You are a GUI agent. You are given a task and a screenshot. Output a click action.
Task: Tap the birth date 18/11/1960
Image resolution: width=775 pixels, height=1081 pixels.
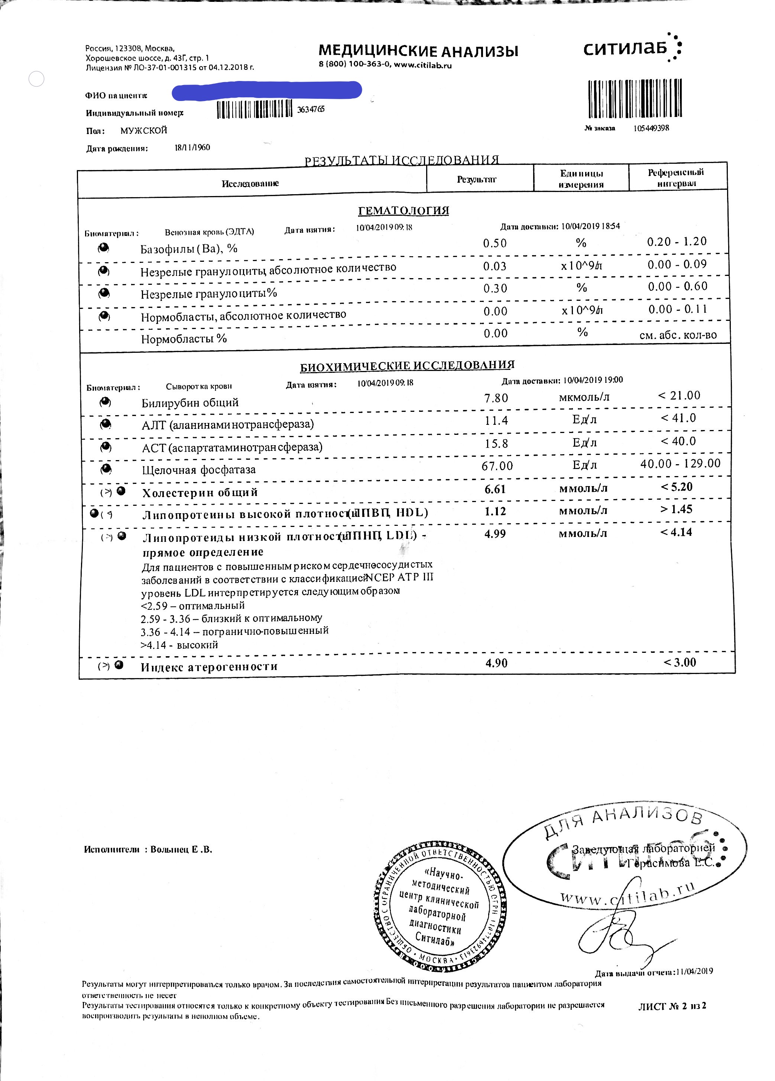pyautogui.click(x=192, y=147)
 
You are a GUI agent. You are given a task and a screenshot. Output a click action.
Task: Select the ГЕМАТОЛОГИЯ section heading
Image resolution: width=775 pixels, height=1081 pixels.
pyautogui.click(x=403, y=211)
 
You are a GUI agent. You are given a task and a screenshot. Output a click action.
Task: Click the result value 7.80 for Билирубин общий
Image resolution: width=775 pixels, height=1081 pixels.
pyautogui.click(x=496, y=398)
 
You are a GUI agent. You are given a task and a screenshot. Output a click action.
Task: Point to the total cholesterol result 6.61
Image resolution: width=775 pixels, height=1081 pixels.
pyautogui.click(x=495, y=489)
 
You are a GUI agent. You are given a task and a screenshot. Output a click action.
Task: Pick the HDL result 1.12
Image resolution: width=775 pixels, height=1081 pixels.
pyautogui.click(x=495, y=511)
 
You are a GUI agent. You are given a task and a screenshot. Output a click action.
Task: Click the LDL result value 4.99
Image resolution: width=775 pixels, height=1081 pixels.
pyautogui.click(x=495, y=534)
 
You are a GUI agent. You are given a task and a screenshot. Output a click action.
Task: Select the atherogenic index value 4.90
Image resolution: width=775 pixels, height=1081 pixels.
pyautogui.click(x=496, y=663)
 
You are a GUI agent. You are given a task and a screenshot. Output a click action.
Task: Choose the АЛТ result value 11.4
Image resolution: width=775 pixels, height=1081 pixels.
pyautogui.click(x=496, y=420)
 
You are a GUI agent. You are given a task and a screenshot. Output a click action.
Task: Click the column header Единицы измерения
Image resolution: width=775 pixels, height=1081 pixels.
pyautogui.click(x=581, y=179)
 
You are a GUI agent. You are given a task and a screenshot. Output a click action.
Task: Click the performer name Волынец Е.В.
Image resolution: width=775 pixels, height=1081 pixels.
pyautogui.click(x=181, y=849)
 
